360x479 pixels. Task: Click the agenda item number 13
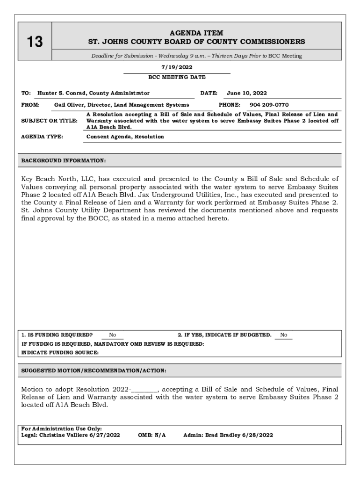[x=34, y=43]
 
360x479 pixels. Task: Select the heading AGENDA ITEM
[x=196, y=33]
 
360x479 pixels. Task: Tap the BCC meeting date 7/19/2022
[x=176, y=67]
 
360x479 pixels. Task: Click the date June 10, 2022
[x=247, y=93]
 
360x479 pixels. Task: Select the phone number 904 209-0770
[x=269, y=105]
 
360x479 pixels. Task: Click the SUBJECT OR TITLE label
[x=50, y=121]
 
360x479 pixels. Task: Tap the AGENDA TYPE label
[x=43, y=137]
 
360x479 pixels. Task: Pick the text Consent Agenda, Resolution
[x=125, y=137]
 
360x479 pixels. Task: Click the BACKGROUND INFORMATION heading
[x=64, y=161]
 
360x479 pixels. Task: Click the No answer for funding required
[x=113, y=335]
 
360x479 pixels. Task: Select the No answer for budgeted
[x=284, y=335]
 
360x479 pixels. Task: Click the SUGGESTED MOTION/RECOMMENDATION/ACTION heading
[x=94, y=370]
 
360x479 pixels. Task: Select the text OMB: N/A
[x=152, y=435]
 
